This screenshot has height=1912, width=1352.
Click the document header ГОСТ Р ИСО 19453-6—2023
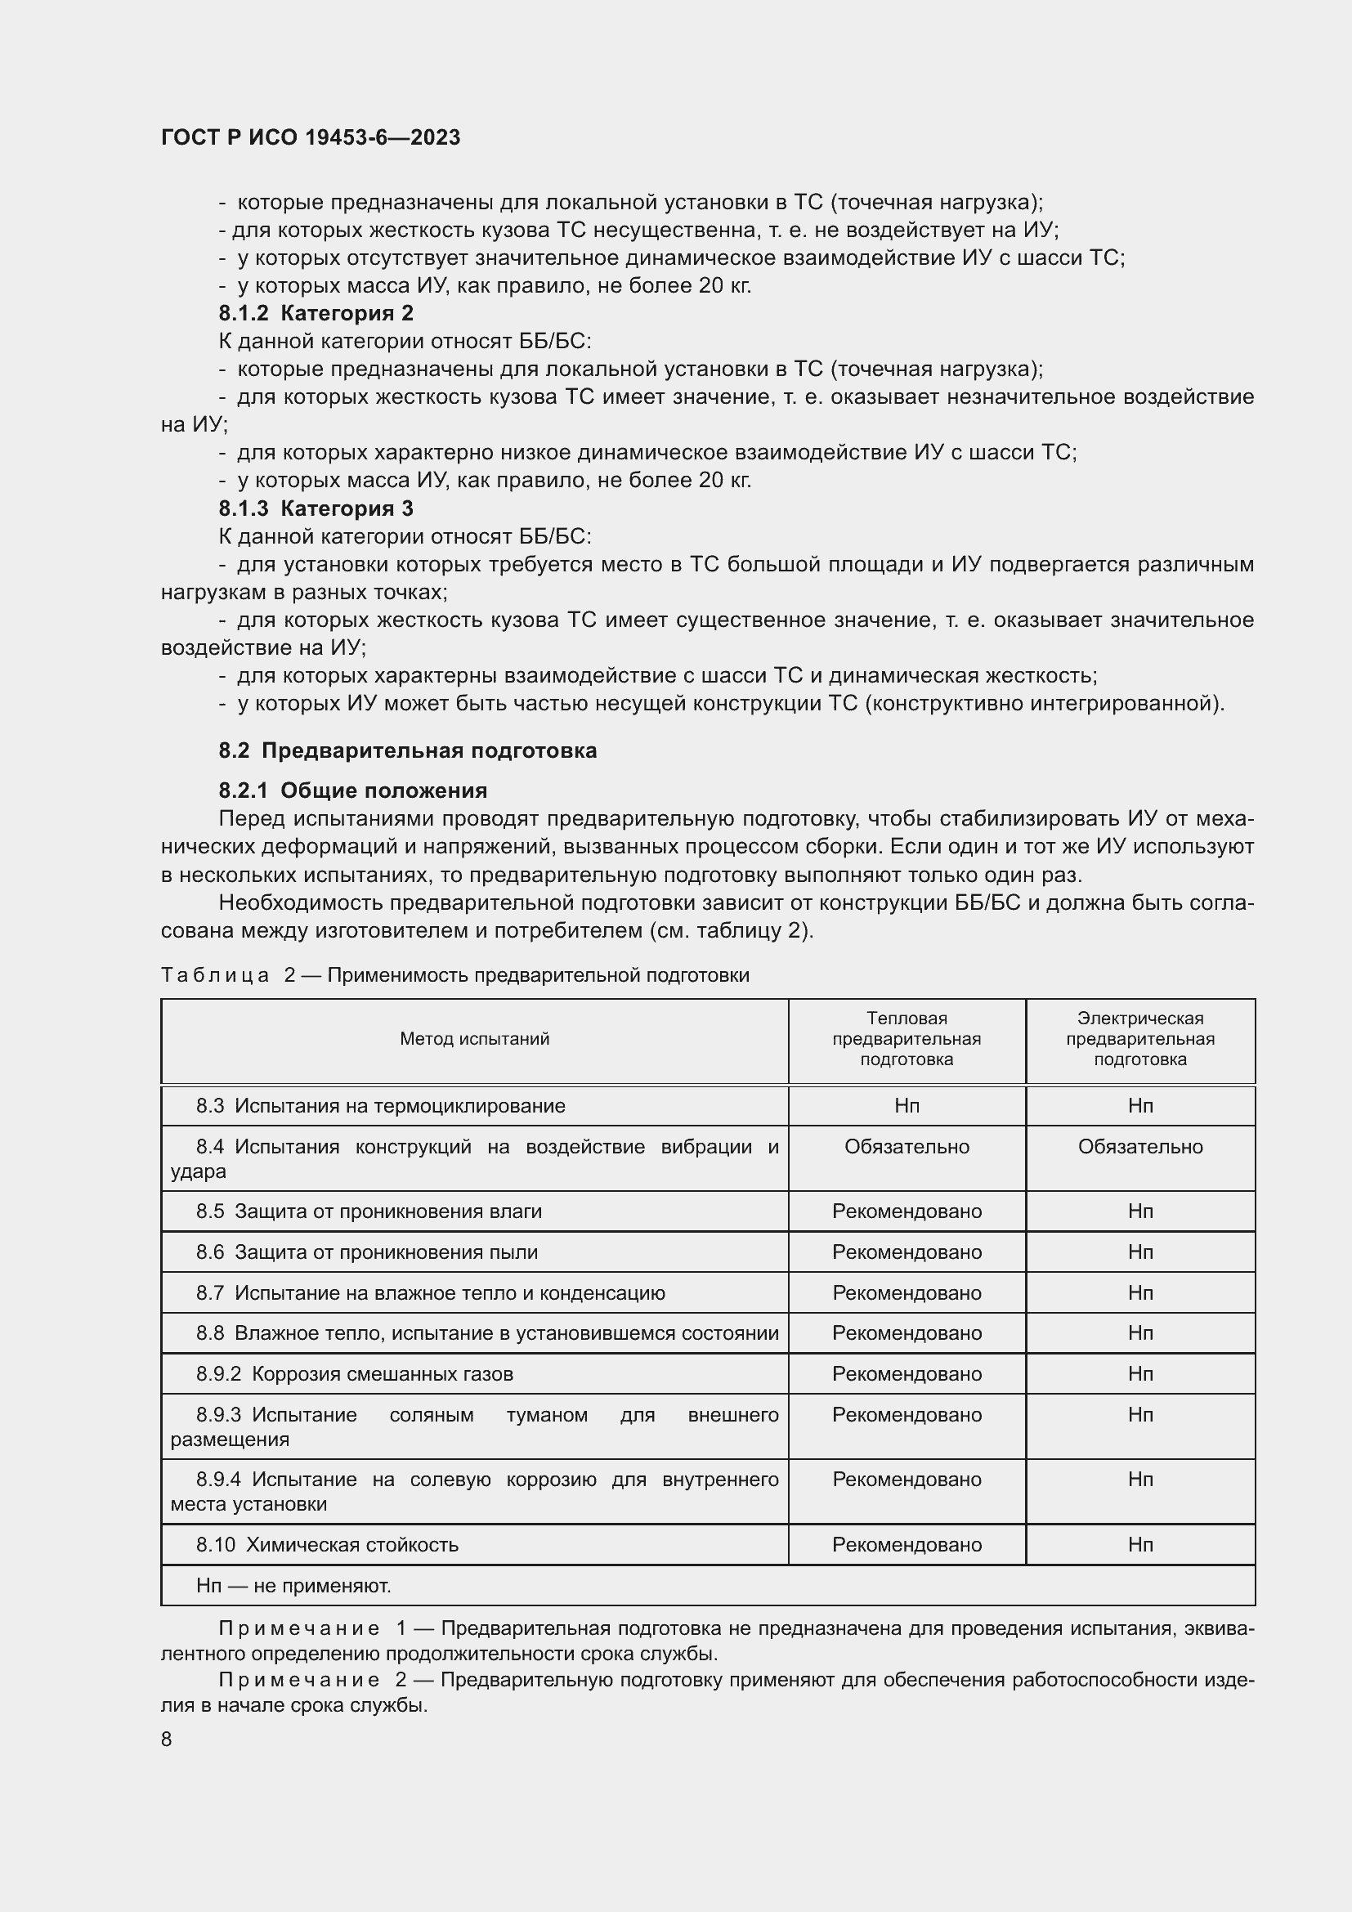311,138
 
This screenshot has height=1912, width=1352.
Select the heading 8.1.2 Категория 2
316,313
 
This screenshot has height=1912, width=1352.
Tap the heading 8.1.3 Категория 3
316,508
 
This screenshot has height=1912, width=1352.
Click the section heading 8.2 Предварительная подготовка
407,750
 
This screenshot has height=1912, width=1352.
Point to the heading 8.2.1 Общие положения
353,790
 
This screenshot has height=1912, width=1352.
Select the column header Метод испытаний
475,1038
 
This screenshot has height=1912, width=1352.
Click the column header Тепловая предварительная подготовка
907,1038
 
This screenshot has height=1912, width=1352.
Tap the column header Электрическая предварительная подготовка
1139,1038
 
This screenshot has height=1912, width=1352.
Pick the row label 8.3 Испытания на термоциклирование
380,1106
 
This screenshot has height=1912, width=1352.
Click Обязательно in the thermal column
907,1147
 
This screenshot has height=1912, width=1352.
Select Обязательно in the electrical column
1139,1147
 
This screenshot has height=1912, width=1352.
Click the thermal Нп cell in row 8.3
907,1106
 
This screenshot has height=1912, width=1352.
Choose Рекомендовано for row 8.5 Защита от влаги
907,1211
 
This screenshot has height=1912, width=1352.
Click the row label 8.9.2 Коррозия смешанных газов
355,1373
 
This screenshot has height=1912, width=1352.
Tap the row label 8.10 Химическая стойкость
327,1545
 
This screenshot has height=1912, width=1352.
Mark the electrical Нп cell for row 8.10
1139,1545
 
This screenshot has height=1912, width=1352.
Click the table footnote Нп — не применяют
293,1586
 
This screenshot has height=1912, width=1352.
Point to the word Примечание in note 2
299,1681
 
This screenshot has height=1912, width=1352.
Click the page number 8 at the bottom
167,1739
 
